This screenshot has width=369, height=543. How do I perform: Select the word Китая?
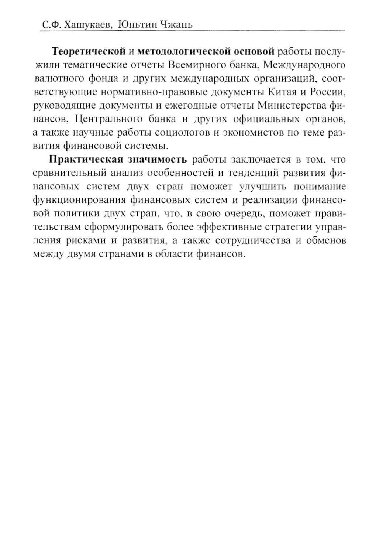(x=280, y=92)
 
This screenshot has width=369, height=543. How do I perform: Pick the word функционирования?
(x=78, y=201)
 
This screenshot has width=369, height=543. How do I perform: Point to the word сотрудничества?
(x=262, y=241)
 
